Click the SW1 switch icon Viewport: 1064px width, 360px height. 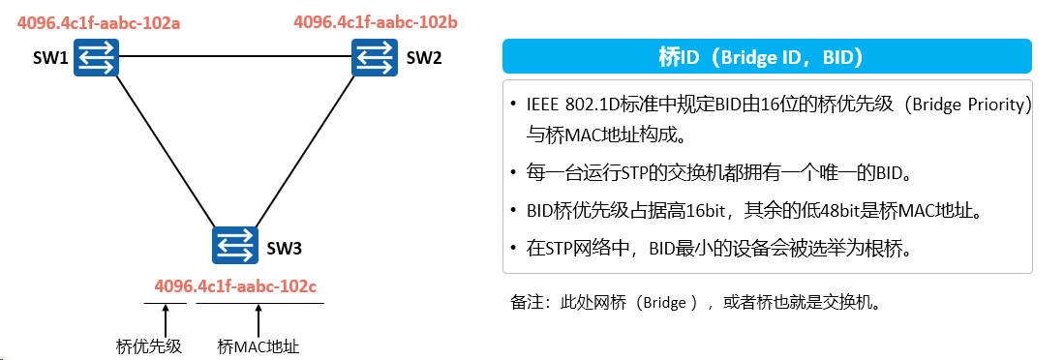97,56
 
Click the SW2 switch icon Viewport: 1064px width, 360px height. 375,56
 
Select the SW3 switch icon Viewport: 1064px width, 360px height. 235,245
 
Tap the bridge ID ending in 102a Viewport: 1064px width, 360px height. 99,23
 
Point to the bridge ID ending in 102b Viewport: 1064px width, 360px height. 376,21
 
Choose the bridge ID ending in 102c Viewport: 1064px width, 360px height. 235,286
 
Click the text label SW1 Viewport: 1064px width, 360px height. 50,58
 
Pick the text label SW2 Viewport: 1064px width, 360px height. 424,58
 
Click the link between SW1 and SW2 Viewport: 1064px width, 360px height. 235,57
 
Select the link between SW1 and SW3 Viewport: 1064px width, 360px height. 166,151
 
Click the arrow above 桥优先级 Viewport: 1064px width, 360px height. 166,320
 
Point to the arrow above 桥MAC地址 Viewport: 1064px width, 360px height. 258,320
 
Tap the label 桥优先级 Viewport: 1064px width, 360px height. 149,346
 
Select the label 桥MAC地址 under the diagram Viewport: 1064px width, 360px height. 258,346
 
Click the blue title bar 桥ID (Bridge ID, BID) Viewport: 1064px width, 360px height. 767,56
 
